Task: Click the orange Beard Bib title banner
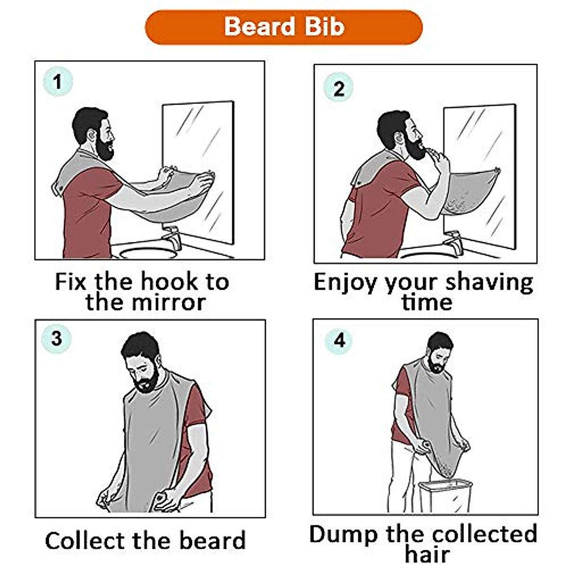tap(284, 27)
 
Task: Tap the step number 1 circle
tap(58, 82)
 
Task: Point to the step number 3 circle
tap(56, 338)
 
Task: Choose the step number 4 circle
tap(339, 340)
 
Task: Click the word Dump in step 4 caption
tap(344, 534)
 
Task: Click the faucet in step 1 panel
tap(171, 237)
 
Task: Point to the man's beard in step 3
tap(147, 381)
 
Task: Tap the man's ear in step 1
tap(90, 136)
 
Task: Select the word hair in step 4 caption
tap(427, 555)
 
